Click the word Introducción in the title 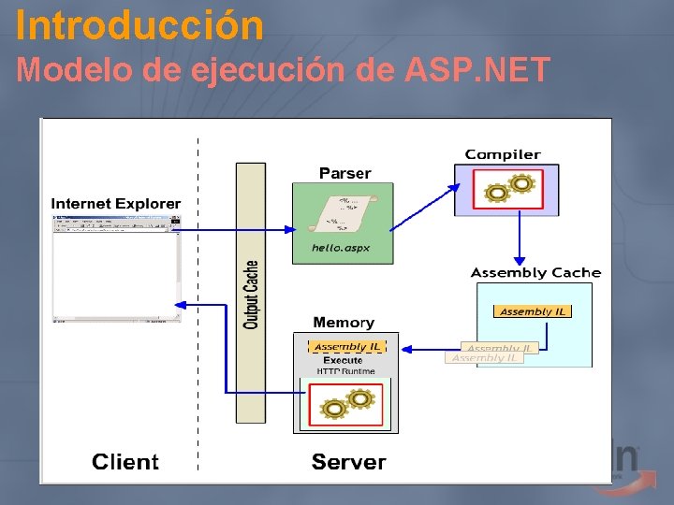(139, 25)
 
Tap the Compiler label (503, 154)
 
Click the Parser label (344, 173)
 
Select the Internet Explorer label (116, 204)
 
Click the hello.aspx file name (341, 249)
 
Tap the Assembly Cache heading (535, 273)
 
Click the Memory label (344, 323)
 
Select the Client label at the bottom (125, 462)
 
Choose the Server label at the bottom (348, 462)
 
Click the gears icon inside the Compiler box (505, 190)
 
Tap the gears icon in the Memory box (345, 404)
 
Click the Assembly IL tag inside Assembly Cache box (532, 311)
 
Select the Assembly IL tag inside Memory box (346, 346)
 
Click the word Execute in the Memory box (343, 360)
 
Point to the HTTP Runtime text (345, 371)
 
